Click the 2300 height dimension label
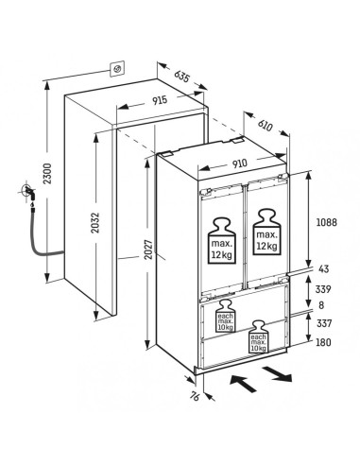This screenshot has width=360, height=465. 47,174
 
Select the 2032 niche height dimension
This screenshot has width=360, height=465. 95,223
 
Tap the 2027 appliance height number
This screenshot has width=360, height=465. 148,250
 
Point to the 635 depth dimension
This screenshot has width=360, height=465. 181,77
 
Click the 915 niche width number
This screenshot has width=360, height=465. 160,100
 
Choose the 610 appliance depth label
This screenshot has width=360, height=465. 265,126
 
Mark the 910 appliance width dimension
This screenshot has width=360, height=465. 240,164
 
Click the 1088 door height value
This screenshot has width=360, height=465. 326,222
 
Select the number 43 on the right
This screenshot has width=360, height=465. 324,269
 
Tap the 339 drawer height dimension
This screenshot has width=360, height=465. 323,289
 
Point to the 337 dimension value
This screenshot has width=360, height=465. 324,323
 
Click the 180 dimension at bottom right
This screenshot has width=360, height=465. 323,342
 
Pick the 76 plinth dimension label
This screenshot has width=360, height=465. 196,397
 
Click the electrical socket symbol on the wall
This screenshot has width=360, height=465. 117,69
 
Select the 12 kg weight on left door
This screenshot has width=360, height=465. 221,241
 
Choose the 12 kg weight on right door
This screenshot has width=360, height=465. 266,232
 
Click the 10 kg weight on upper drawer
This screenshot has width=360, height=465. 226,316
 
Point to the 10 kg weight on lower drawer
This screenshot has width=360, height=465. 258,336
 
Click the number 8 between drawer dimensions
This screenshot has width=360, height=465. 321,305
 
